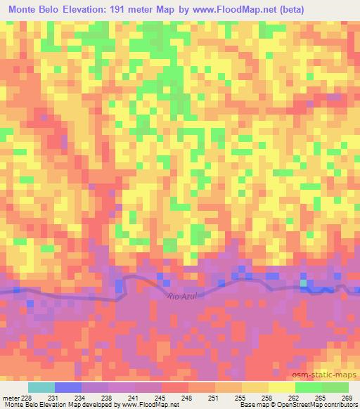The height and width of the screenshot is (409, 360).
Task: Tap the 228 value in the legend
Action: [26, 398]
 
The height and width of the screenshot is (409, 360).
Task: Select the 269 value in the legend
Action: [346, 398]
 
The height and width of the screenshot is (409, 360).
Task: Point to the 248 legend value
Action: [186, 398]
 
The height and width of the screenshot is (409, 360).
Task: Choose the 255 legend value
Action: [239, 398]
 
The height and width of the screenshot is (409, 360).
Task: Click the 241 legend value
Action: [133, 398]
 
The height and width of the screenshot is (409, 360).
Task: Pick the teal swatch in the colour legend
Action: [41, 387]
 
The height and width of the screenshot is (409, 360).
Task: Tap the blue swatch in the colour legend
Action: [68, 387]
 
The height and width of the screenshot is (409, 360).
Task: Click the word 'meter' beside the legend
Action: [11, 398]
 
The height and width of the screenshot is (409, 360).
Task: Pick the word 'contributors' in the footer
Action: [338, 405]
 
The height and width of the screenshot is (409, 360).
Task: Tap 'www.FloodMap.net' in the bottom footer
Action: [150, 405]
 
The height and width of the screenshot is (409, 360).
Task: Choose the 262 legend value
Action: [292, 398]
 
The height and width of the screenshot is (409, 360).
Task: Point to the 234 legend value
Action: [79, 398]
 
